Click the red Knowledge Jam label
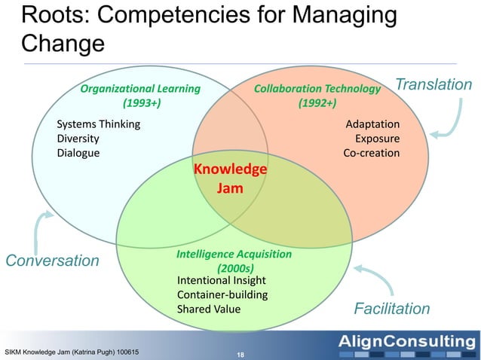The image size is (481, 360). (x=230, y=178)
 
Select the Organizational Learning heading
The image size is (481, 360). (x=140, y=96)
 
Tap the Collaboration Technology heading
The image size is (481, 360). (x=317, y=96)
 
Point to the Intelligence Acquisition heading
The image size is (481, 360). (x=234, y=261)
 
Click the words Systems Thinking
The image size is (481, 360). (x=98, y=124)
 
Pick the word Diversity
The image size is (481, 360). (x=78, y=139)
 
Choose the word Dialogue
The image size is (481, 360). (x=78, y=153)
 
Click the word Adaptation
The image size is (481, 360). (x=372, y=124)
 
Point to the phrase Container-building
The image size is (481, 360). (x=222, y=294)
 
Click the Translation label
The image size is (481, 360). (x=434, y=84)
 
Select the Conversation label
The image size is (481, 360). (x=53, y=261)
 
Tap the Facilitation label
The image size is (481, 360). (x=392, y=309)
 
